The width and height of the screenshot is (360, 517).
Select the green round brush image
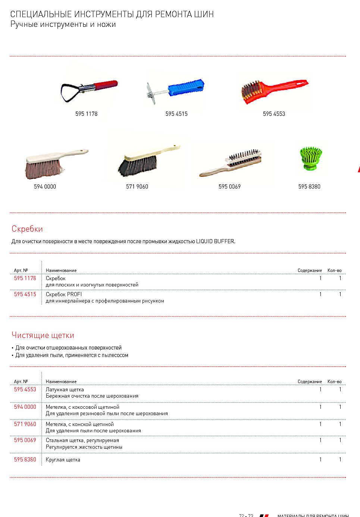tap(311, 158)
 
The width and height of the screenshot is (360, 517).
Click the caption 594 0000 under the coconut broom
tap(45, 187)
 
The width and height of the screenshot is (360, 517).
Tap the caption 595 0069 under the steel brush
tap(229, 187)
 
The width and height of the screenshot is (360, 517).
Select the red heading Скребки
tap(27, 229)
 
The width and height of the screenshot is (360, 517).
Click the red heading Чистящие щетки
tap(43, 335)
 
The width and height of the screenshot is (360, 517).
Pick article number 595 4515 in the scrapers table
tap(25, 294)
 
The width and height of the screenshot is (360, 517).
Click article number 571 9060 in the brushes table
tap(25, 424)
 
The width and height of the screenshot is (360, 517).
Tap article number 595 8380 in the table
tap(25, 460)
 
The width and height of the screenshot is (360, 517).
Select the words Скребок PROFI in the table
tap(64, 294)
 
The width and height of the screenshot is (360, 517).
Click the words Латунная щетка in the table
tap(65, 389)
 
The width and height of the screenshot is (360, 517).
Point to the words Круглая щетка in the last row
tap(63, 460)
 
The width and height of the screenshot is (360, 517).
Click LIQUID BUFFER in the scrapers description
tap(215, 241)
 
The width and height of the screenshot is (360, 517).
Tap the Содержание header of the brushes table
tap(310, 382)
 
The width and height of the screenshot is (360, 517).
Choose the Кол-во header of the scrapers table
tap(334, 270)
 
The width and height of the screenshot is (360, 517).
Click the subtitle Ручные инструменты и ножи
tap(63, 25)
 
